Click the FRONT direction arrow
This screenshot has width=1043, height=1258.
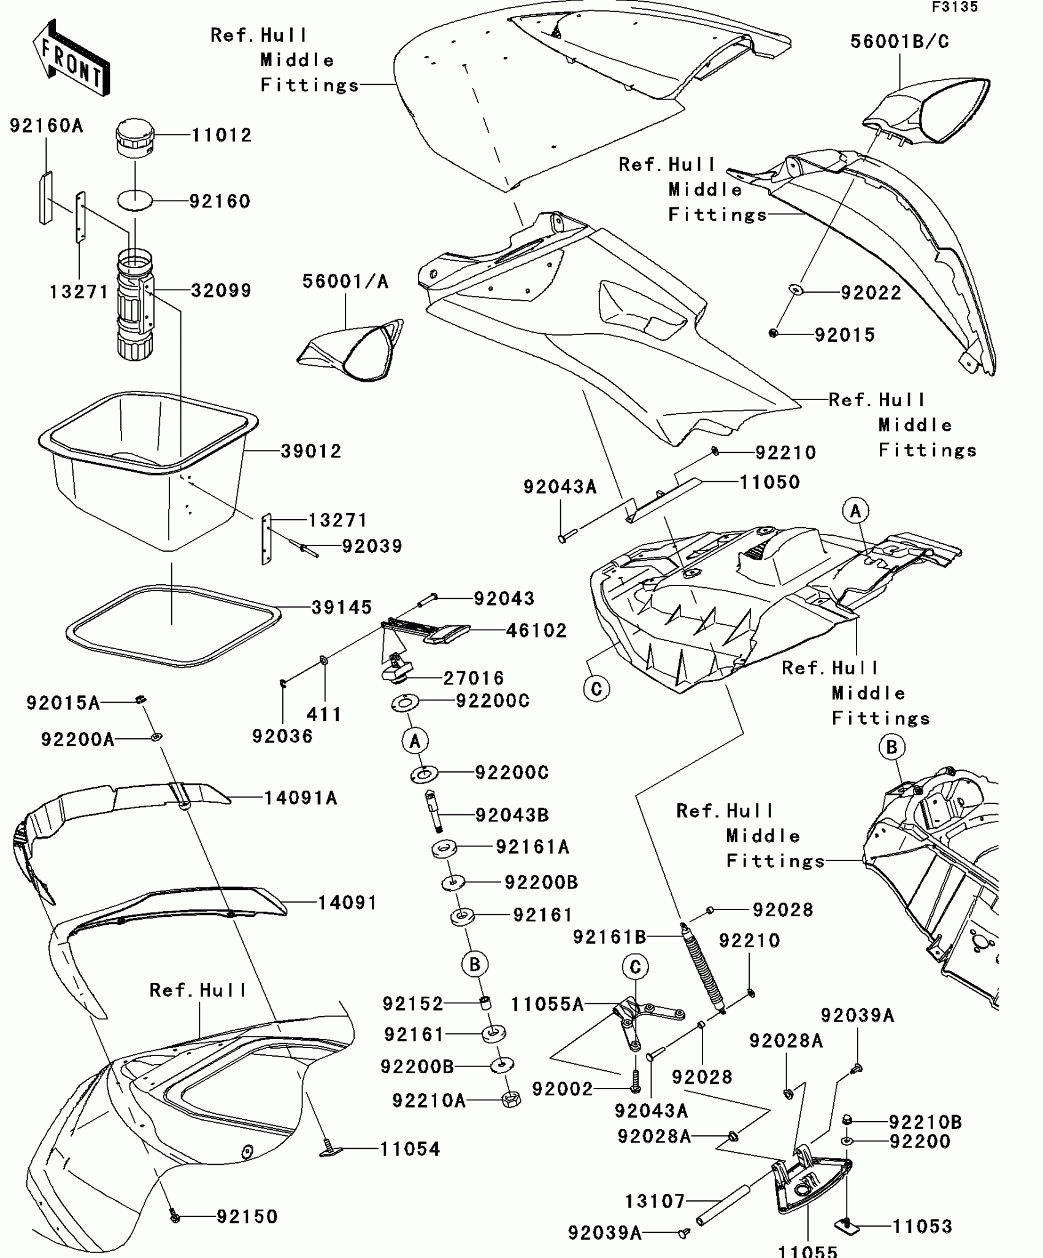tap(71, 58)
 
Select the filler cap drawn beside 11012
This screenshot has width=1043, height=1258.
tap(135, 140)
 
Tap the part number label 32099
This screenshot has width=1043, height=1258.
tap(221, 290)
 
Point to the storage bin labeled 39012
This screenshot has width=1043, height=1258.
tap(147, 466)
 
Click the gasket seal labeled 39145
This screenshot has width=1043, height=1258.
tap(172, 626)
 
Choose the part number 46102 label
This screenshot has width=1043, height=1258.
tap(536, 630)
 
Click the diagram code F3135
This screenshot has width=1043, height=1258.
tap(955, 7)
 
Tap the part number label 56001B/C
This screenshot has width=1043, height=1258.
tap(899, 42)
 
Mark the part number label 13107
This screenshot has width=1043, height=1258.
tap(654, 1201)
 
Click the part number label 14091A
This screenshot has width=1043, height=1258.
tap(301, 798)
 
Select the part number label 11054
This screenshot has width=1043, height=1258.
tap(410, 1149)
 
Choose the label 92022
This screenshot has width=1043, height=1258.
tap(871, 293)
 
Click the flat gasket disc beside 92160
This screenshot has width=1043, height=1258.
tap(135, 201)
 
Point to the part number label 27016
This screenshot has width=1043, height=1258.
tap(473, 678)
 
